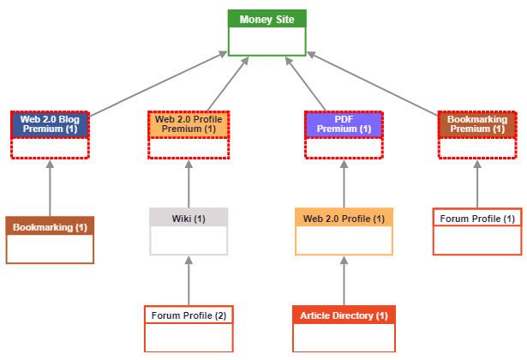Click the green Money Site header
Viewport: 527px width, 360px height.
(x=266, y=19)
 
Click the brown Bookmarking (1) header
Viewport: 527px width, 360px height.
(x=50, y=227)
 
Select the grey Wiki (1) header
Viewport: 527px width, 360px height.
(x=189, y=219)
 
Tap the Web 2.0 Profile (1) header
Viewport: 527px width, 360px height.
(x=344, y=219)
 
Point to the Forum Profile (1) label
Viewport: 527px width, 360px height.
(x=476, y=219)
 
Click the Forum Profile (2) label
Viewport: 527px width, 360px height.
(x=189, y=315)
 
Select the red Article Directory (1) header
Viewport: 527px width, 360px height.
(x=344, y=315)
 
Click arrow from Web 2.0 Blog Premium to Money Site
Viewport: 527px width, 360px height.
(x=159, y=82)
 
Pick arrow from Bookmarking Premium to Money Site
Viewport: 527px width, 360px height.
(x=373, y=82)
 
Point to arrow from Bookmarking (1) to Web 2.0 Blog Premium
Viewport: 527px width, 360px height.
(x=50, y=189)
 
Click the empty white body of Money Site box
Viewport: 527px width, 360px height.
(x=266, y=41)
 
